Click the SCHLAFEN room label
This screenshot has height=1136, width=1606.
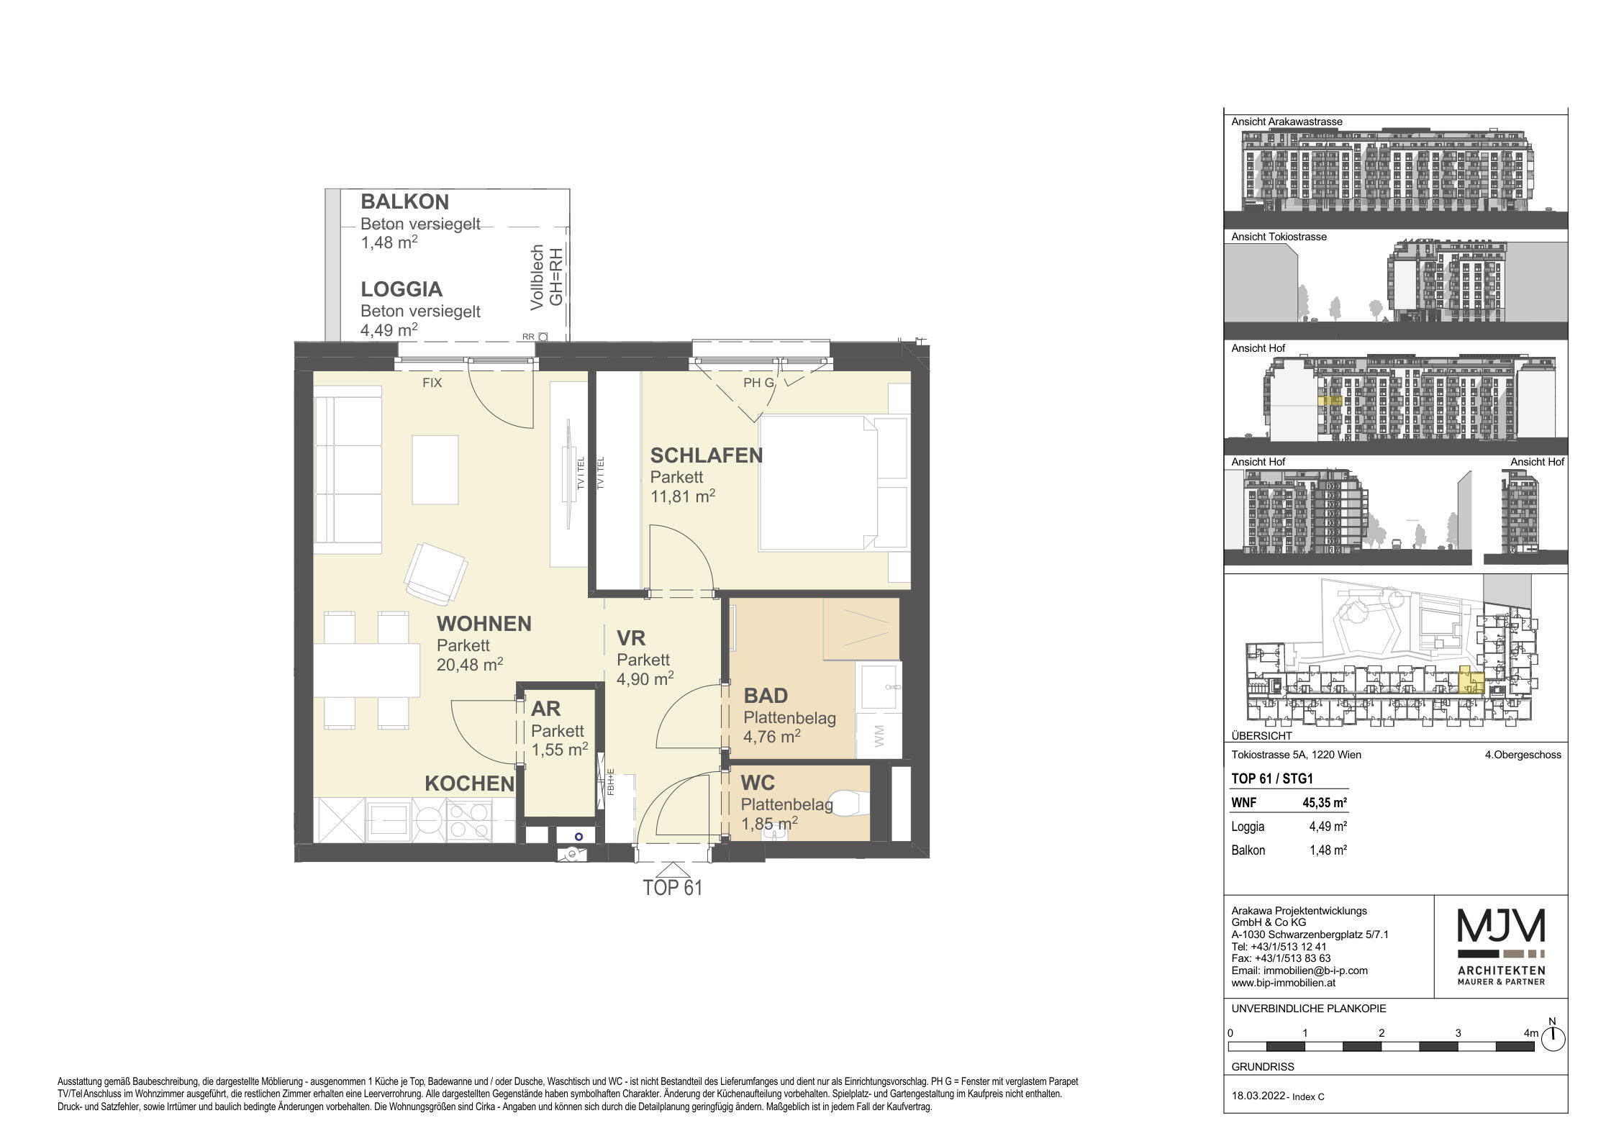(x=706, y=455)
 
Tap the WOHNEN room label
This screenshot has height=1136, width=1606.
(x=484, y=624)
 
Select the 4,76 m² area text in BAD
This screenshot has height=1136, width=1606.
(x=772, y=737)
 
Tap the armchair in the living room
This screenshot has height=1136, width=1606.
(x=436, y=574)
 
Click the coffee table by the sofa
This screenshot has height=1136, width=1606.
(x=435, y=469)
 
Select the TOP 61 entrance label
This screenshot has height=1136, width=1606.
(x=672, y=888)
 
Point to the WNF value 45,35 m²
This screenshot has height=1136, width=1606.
(x=1328, y=803)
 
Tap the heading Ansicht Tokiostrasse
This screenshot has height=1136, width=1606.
(x=1279, y=237)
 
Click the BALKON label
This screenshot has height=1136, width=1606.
(x=404, y=201)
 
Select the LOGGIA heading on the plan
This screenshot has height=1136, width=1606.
(x=401, y=289)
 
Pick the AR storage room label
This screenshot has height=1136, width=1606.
(x=545, y=709)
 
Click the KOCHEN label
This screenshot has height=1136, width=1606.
(x=469, y=784)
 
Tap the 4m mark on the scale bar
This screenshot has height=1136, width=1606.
(x=1530, y=1033)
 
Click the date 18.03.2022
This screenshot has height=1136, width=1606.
(x=1258, y=1096)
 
